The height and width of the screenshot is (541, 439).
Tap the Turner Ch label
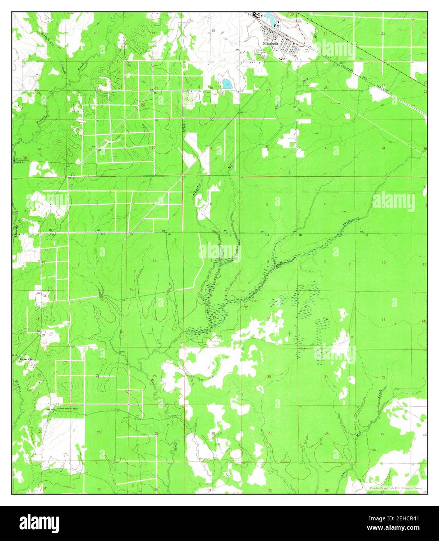pyautogui.click(x=23, y=359)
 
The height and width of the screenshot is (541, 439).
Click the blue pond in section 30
pyautogui.click(x=226, y=83)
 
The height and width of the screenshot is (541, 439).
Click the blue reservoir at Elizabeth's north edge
pyautogui.click(x=269, y=16)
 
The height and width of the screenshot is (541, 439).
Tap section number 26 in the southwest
pyautogui.click(x=99, y=432)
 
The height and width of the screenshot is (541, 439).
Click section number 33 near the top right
pyautogui.click(x=325, y=148)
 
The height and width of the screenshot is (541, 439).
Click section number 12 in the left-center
pyautogui.click(x=154, y=261)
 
